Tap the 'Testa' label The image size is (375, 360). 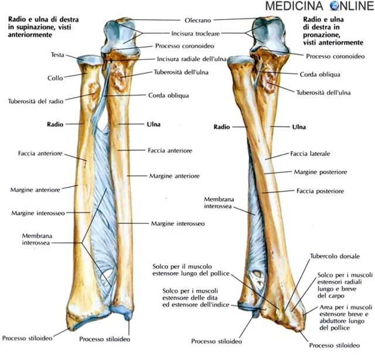coord(57,55)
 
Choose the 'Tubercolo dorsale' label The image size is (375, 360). coord(335,256)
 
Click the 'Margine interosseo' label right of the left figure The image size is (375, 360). coord(177,223)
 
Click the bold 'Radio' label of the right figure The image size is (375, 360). coord(221,126)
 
